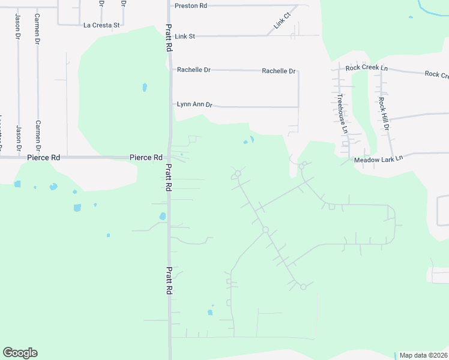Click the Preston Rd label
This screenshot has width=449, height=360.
[190, 5]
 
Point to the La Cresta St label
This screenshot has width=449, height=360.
[102, 25]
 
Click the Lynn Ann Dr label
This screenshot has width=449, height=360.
[194, 104]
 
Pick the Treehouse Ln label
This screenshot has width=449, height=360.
[342, 113]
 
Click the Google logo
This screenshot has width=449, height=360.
[20, 353]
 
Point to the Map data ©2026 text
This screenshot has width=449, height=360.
[423, 355]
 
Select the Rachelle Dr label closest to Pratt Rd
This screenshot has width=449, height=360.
[193, 70]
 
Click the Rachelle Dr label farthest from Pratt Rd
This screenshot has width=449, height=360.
[279, 71]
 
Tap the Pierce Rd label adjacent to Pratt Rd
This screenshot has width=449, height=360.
[146, 157]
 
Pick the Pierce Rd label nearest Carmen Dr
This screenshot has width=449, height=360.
[44, 157]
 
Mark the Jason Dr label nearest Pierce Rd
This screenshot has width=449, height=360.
[19, 139]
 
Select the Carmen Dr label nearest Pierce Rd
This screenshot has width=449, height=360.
[38, 135]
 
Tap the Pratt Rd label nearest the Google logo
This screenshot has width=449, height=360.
[169, 280]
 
